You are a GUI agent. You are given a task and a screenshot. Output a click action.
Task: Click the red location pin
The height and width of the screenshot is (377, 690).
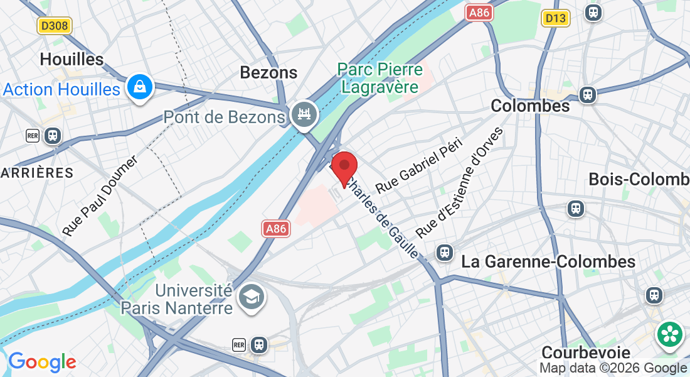click(x=344, y=167)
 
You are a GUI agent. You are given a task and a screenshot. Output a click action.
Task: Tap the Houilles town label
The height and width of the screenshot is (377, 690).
click(x=72, y=60)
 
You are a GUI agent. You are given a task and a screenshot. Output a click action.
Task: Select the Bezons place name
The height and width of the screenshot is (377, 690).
click(x=268, y=73)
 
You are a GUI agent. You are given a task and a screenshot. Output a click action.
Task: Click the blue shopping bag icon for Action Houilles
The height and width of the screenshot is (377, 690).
click(x=137, y=88)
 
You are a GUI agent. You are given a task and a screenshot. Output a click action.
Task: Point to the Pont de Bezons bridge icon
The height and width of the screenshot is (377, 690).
click(x=305, y=114)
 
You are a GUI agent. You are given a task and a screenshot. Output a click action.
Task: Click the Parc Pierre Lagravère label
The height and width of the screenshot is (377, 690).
click(x=379, y=77)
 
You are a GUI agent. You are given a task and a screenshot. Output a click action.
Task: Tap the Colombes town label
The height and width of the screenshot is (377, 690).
click(x=530, y=106)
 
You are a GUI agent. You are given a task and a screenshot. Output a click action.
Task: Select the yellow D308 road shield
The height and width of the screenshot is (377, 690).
click(x=55, y=26)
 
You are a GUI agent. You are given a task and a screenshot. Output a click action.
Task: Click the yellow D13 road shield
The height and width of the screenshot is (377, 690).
click(x=556, y=18)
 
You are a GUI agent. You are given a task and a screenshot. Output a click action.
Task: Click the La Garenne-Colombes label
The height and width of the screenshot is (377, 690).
click(x=548, y=261)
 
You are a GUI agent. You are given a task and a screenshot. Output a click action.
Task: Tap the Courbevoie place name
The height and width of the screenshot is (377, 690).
click(x=585, y=352)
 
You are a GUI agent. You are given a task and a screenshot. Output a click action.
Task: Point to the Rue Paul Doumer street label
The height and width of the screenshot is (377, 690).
click(x=100, y=197)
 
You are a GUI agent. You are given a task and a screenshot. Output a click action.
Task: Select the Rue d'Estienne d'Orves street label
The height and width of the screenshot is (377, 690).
click(x=459, y=182)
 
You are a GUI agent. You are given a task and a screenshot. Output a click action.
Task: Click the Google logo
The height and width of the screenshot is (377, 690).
click(x=42, y=362)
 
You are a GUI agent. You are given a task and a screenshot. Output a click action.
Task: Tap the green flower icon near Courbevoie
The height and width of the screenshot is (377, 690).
click(x=670, y=334)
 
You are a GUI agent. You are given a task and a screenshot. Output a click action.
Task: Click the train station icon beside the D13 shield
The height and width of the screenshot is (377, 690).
click(x=592, y=12)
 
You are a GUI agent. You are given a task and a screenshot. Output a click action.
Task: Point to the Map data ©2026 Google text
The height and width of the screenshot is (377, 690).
click(x=613, y=368)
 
